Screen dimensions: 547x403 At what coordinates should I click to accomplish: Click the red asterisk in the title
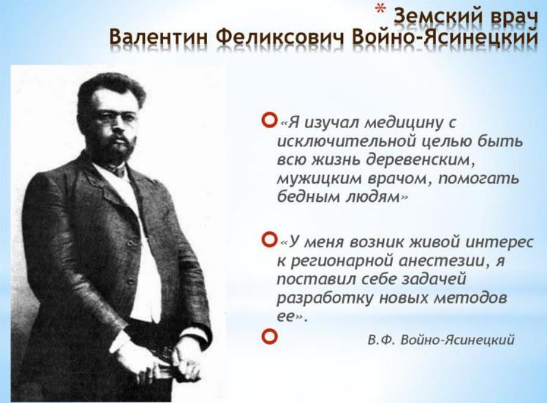[x=381, y=9]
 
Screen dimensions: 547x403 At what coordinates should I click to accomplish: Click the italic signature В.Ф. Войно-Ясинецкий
[x=441, y=339]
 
